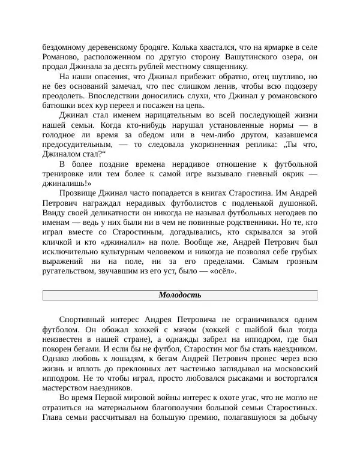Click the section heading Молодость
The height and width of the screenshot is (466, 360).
[179, 295]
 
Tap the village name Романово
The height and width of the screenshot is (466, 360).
[62, 57]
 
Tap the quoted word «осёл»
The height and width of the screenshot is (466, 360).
[220, 272]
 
